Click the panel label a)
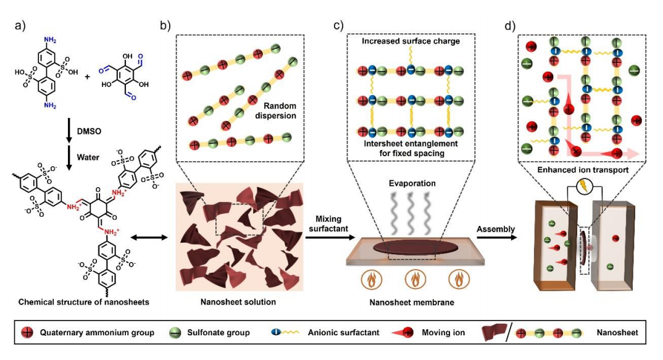[x=20, y=26]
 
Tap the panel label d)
[x=510, y=26]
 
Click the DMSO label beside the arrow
[x=89, y=131]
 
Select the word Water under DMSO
[x=88, y=157]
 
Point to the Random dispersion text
[x=276, y=111]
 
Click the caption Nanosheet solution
[x=238, y=301]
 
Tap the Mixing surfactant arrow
[x=330, y=238]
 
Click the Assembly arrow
[x=496, y=237]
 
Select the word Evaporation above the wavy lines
[x=412, y=183]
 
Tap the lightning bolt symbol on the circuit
[x=585, y=186]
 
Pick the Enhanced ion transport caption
[x=583, y=170]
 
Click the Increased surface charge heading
[x=411, y=41]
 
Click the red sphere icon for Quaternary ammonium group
[x=27, y=332]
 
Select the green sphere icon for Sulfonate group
[x=175, y=333]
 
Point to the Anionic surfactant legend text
[x=343, y=332]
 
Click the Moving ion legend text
[x=443, y=332]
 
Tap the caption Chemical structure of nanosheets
[x=84, y=302]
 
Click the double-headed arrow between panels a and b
[x=149, y=238]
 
